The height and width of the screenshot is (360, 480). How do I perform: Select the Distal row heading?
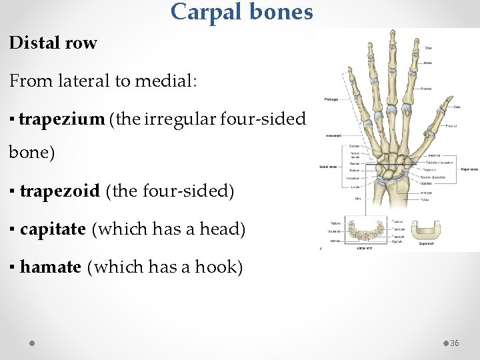pyautogui.click(x=53, y=43)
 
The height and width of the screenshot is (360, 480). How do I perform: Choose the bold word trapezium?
pyautogui.click(x=61, y=119)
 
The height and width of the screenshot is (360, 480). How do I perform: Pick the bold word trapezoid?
pyautogui.click(x=59, y=191)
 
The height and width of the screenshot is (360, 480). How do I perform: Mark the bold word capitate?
pyautogui.click(x=53, y=229)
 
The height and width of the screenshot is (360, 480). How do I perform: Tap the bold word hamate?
pyautogui.click(x=50, y=267)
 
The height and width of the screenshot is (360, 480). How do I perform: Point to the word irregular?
pyautogui.click(x=172, y=119)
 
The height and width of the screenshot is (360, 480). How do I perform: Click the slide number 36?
pyautogui.click(x=455, y=343)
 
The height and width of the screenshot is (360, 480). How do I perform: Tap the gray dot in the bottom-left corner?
pyautogui.click(x=32, y=343)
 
